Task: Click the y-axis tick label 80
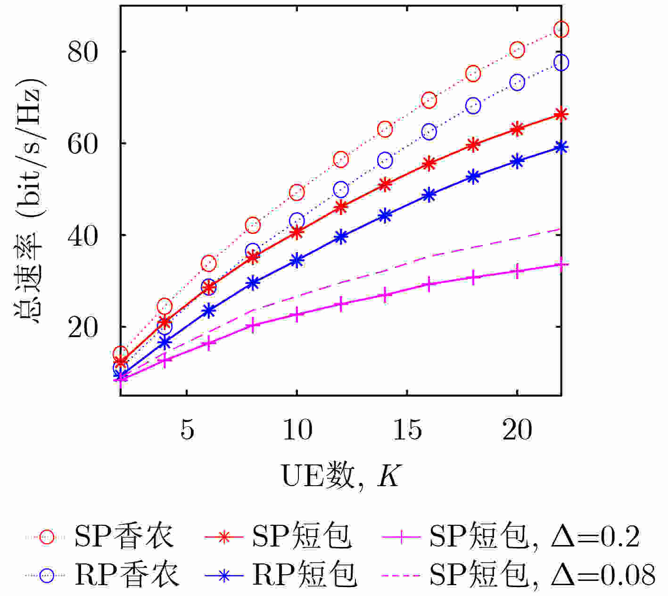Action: [x=83, y=51]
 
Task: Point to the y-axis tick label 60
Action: [x=83, y=143]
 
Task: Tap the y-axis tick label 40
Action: [x=83, y=235]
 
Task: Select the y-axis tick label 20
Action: [x=83, y=327]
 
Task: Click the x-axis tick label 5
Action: [x=187, y=430]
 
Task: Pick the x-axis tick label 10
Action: [x=297, y=430]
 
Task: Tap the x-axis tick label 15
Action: [x=407, y=430]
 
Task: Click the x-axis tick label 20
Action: [x=517, y=430]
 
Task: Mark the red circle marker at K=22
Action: [x=561, y=30]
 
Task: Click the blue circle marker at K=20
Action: [x=517, y=83]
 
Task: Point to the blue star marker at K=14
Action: [x=385, y=215]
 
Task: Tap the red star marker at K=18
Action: [x=473, y=145]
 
